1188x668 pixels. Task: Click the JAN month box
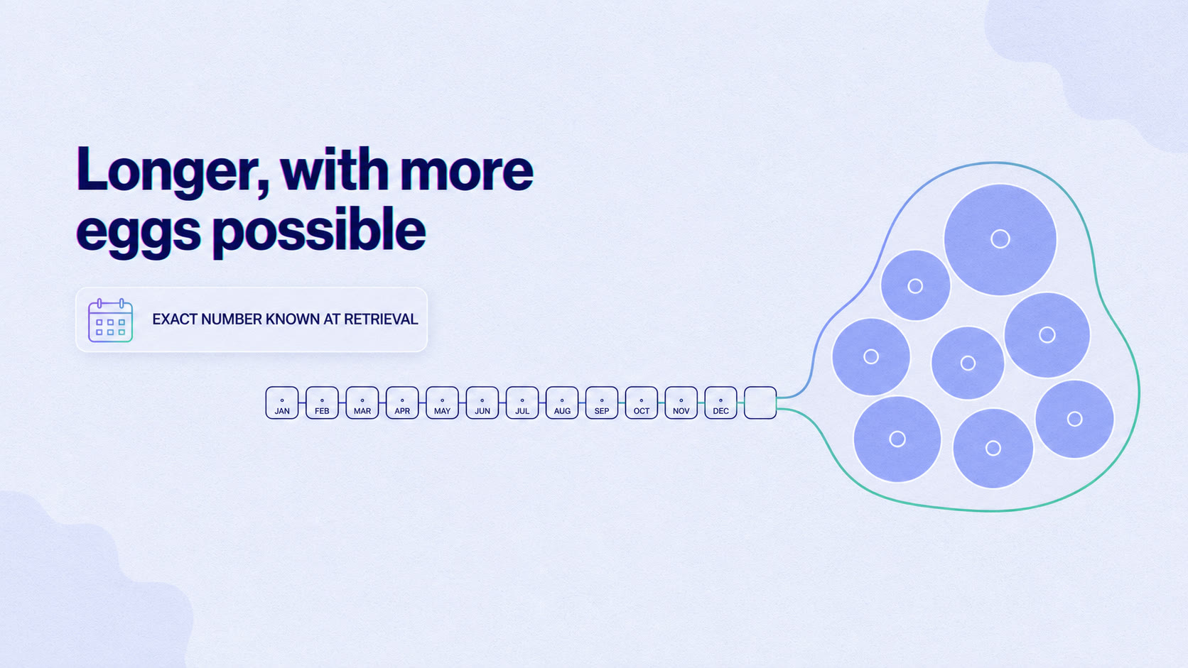pyautogui.click(x=282, y=403)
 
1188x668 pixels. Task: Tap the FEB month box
pyautogui.click(x=322, y=403)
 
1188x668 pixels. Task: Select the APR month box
pyautogui.click(x=402, y=403)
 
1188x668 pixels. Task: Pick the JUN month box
pyautogui.click(x=482, y=403)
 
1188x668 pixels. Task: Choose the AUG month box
pyautogui.click(x=561, y=403)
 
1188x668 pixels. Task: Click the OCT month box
pyautogui.click(x=641, y=403)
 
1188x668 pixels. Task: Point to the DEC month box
pyautogui.click(x=720, y=403)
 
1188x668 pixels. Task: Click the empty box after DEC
pyautogui.click(x=760, y=403)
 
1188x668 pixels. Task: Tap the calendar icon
pyautogui.click(x=110, y=320)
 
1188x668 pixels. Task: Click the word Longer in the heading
pyautogui.click(x=173, y=173)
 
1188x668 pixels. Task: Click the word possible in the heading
pyautogui.click(x=319, y=231)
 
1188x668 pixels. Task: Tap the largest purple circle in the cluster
pyautogui.click(x=1000, y=239)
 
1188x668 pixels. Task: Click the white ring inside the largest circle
pyautogui.click(x=1000, y=231)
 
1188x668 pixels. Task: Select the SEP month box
pyautogui.click(x=601, y=403)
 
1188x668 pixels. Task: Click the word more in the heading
pyautogui.click(x=466, y=173)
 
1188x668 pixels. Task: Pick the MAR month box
pyautogui.click(x=362, y=403)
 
